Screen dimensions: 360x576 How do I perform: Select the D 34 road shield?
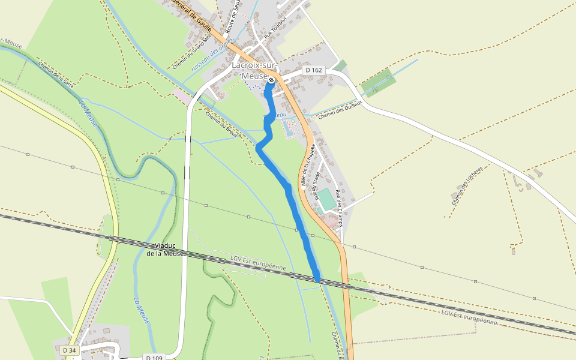point(69,350)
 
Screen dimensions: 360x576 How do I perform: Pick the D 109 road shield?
point(155,358)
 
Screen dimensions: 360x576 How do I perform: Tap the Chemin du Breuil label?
point(222,125)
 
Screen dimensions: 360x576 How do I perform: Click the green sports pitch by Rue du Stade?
point(326,199)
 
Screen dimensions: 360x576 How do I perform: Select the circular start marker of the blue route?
point(271,80)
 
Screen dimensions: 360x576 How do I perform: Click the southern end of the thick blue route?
point(317,279)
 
